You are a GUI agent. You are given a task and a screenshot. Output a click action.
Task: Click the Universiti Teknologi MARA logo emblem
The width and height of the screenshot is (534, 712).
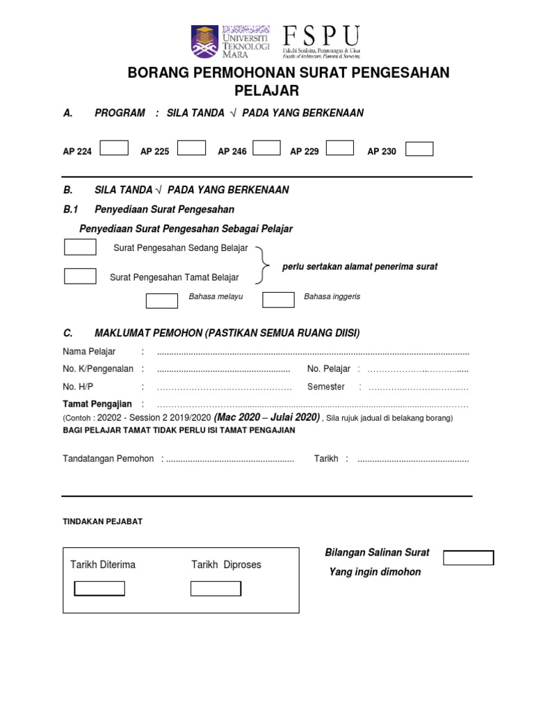(x=205, y=41)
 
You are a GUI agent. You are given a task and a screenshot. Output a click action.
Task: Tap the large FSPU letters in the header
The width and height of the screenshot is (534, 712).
(x=321, y=35)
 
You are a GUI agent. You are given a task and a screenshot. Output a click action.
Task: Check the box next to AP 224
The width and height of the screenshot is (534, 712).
(x=114, y=148)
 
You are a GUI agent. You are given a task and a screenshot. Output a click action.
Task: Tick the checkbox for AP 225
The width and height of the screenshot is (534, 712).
(x=191, y=148)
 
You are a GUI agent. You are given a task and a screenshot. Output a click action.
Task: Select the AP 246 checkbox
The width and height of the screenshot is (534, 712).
(x=266, y=148)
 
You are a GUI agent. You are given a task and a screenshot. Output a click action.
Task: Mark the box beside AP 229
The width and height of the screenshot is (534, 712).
(x=340, y=148)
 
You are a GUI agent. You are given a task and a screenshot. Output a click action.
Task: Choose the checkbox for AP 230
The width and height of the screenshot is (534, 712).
(x=419, y=149)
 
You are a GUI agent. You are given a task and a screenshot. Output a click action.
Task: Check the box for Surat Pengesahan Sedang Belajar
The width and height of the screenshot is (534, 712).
(x=80, y=248)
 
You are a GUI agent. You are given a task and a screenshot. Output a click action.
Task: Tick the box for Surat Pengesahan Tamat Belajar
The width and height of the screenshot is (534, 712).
(x=80, y=276)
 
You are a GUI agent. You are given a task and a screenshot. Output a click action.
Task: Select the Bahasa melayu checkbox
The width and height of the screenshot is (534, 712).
(x=161, y=300)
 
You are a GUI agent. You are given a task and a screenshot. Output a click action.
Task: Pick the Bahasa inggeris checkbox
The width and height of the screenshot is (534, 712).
(x=278, y=300)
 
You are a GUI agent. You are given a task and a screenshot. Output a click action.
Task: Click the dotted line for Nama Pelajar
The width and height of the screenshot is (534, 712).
(x=313, y=353)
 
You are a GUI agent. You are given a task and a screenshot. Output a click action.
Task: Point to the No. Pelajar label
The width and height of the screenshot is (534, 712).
(x=329, y=369)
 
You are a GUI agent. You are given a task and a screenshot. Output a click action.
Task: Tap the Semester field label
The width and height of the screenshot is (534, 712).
(x=326, y=387)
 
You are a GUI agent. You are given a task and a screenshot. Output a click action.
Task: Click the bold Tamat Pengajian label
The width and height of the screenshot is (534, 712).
(x=97, y=404)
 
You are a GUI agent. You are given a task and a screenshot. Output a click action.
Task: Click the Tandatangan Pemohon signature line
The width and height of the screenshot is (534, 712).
(x=230, y=460)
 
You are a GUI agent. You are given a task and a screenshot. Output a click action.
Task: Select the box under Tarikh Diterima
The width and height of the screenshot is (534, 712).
(x=99, y=589)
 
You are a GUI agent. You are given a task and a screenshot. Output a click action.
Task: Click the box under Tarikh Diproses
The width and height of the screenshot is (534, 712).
(x=216, y=589)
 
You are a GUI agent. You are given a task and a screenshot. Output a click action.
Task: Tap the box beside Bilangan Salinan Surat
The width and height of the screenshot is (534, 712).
(x=468, y=558)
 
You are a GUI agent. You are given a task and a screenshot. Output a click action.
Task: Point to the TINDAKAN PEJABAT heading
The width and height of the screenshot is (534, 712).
(x=103, y=521)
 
